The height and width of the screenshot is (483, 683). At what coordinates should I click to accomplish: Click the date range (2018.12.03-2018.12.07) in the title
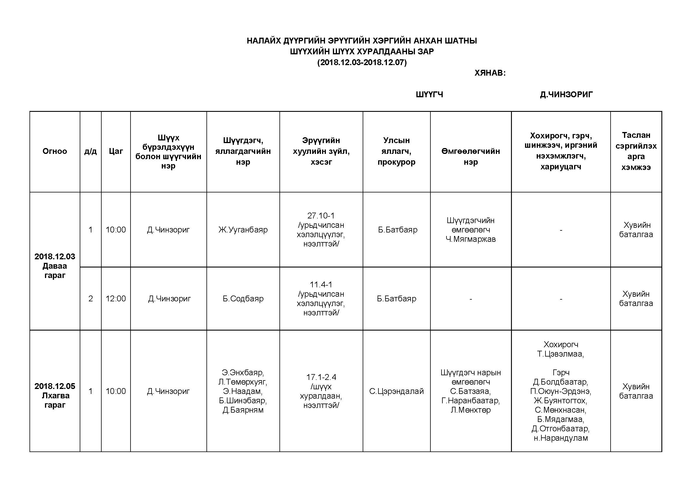[x=362, y=62]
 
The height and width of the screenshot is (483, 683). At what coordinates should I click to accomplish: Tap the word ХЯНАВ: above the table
[x=490, y=73]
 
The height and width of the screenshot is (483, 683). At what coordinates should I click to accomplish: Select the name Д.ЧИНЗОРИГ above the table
[x=566, y=95]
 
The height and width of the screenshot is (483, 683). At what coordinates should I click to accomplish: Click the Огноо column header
[x=55, y=151]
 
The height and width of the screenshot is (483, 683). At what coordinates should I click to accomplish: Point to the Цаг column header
[x=116, y=151]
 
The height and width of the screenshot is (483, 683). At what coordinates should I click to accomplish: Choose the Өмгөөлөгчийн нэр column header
[x=470, y=157]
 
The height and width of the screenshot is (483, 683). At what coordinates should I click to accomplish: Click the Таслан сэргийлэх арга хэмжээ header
[x=636, y=151]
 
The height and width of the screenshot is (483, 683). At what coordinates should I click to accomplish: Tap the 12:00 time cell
[x=116, y=299]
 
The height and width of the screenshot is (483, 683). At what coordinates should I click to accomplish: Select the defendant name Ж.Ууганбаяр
[x=243, y=230]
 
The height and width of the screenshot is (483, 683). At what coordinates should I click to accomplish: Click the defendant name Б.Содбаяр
[x=243, y=299]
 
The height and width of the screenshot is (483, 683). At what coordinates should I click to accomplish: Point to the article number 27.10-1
[x=321, y=216]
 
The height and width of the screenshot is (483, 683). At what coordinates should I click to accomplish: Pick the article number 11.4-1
[x=321, y=285]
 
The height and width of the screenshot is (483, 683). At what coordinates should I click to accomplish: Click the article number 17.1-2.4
[x=321, y=377]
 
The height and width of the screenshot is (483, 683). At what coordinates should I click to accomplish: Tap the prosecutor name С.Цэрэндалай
[x=396, y=391]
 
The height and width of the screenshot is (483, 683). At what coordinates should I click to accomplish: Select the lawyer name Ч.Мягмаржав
[x=470, y=239]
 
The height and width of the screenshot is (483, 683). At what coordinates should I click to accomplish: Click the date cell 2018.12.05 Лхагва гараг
[x=55, y=396]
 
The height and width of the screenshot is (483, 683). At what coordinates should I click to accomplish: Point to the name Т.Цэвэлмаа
[x=560, y=354]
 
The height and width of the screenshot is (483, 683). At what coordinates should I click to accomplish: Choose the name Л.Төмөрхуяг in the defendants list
[x=243, y=382]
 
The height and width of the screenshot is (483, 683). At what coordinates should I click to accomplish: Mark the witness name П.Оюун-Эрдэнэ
[x=560, y=391]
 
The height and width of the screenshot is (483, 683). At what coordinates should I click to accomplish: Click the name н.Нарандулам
[x=560, y=438]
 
